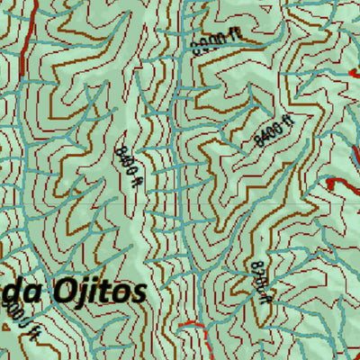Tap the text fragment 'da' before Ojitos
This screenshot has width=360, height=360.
pyautogui.click(x=21, y=293)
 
